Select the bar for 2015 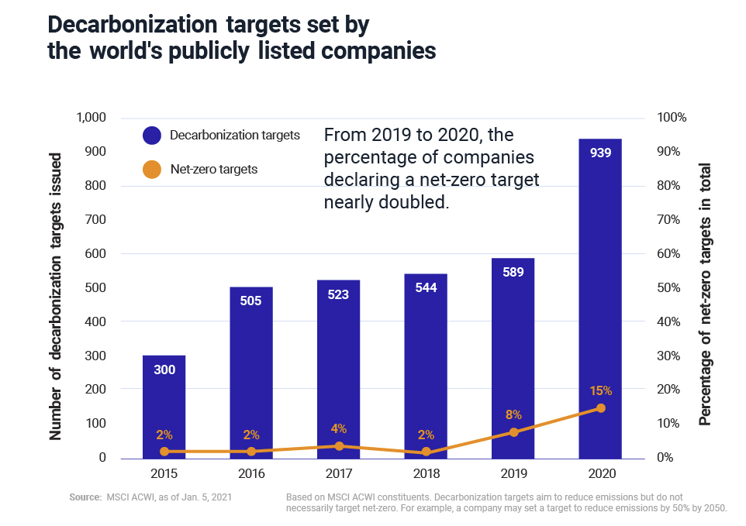coord(164,407)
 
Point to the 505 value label coord(251,301)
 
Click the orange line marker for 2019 coord(513,432)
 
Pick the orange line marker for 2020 coord(600,408)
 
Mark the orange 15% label coord(600,390)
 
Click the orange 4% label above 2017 coord(339,428)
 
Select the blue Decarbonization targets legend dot coord(152,136)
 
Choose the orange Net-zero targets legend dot coord(152,169)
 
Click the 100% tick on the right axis coord(672,118)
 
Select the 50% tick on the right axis coord(669,287)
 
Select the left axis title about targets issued coord(56,296)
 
